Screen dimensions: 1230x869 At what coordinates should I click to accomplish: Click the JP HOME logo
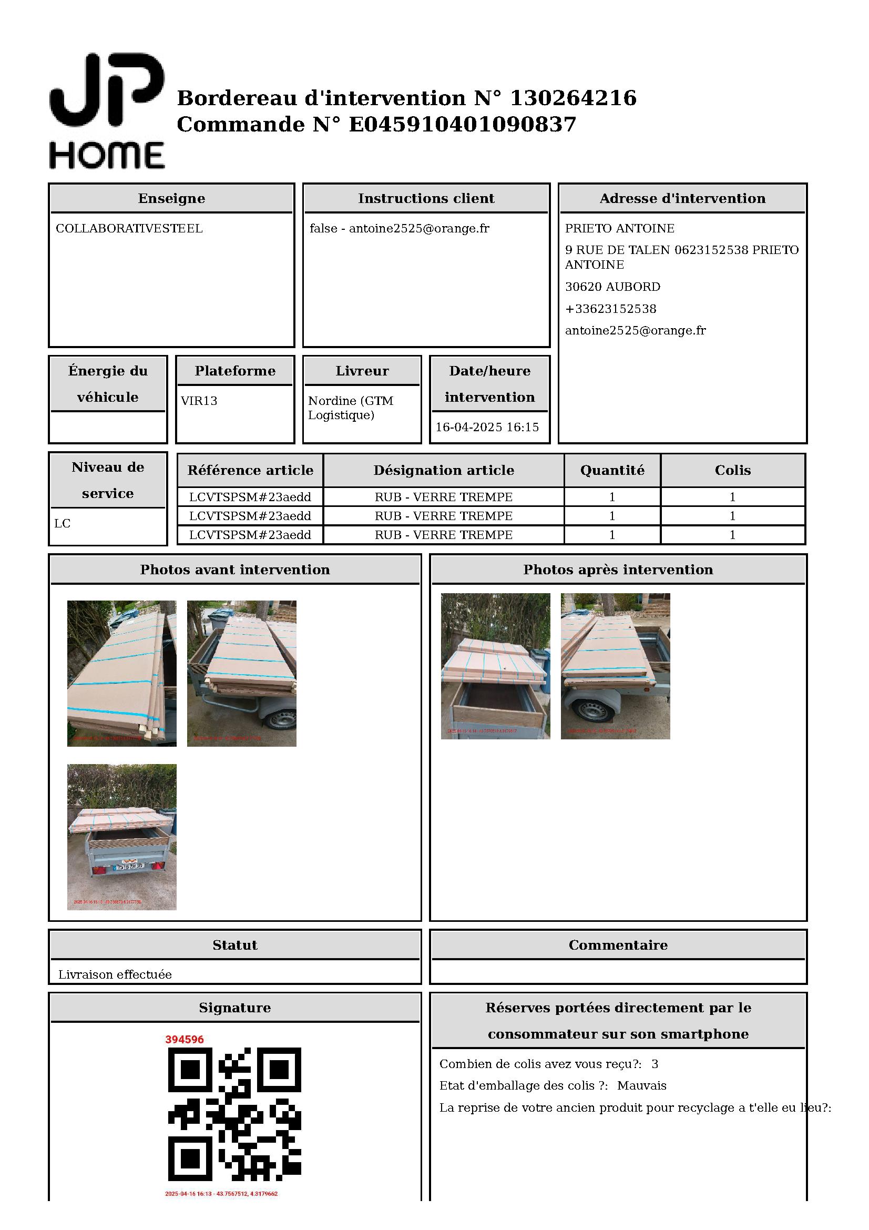point(107,111)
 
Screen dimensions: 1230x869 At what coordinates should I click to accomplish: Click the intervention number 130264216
point(573,98)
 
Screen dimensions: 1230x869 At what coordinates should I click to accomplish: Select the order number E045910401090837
point(463,124)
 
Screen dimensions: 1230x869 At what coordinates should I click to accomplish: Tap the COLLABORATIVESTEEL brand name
point(129,229)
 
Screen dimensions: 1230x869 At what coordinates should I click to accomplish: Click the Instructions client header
point(426,199)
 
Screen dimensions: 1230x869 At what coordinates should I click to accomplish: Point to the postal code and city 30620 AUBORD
point(612,287)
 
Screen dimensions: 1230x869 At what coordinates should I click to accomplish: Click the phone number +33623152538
point(610,309)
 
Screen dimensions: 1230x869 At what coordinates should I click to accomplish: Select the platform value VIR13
point(199,401)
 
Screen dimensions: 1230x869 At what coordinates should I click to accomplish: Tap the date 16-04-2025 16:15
point(487,428)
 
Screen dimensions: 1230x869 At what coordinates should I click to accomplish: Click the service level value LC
point(62,524)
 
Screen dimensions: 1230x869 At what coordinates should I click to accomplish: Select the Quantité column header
point(612,470)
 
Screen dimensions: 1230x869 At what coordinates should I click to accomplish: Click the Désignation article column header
point(443,470)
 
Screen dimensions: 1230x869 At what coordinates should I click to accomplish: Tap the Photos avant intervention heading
point(235,570)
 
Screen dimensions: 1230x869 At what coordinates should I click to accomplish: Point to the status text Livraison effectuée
point(115,975)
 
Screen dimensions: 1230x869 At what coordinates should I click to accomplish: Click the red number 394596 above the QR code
point(184,1040)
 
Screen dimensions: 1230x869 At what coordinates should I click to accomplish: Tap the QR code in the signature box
point(234,1114)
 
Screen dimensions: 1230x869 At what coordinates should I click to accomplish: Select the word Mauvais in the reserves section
point(641,1086)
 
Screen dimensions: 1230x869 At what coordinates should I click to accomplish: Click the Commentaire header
point(618,946)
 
